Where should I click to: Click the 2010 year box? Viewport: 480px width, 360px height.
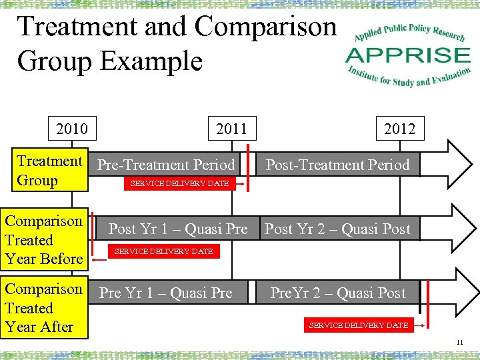[72, 128]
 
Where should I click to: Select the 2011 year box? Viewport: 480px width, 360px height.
[231, 128]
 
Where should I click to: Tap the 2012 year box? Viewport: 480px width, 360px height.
[399, 128]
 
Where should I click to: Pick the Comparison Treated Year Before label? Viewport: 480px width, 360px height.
[45, 240]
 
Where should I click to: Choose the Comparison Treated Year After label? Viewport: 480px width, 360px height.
[45, 308]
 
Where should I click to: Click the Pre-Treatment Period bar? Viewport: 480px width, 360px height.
[167, 165]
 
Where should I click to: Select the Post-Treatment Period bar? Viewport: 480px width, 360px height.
[338, 165]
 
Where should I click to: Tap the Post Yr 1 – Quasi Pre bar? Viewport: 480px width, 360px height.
[177, 229]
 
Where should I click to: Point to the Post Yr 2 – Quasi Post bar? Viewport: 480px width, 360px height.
[338, 229]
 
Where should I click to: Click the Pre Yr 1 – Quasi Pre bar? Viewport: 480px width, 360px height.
[166, 293]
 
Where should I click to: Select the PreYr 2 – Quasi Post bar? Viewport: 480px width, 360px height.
[338, 293]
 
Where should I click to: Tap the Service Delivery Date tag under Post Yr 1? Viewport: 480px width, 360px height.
[163, 251]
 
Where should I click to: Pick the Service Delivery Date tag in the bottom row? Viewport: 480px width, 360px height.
[358, 325]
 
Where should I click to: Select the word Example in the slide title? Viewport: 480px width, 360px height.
[151, 61]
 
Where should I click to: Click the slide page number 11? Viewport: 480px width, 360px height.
[459, 343]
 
